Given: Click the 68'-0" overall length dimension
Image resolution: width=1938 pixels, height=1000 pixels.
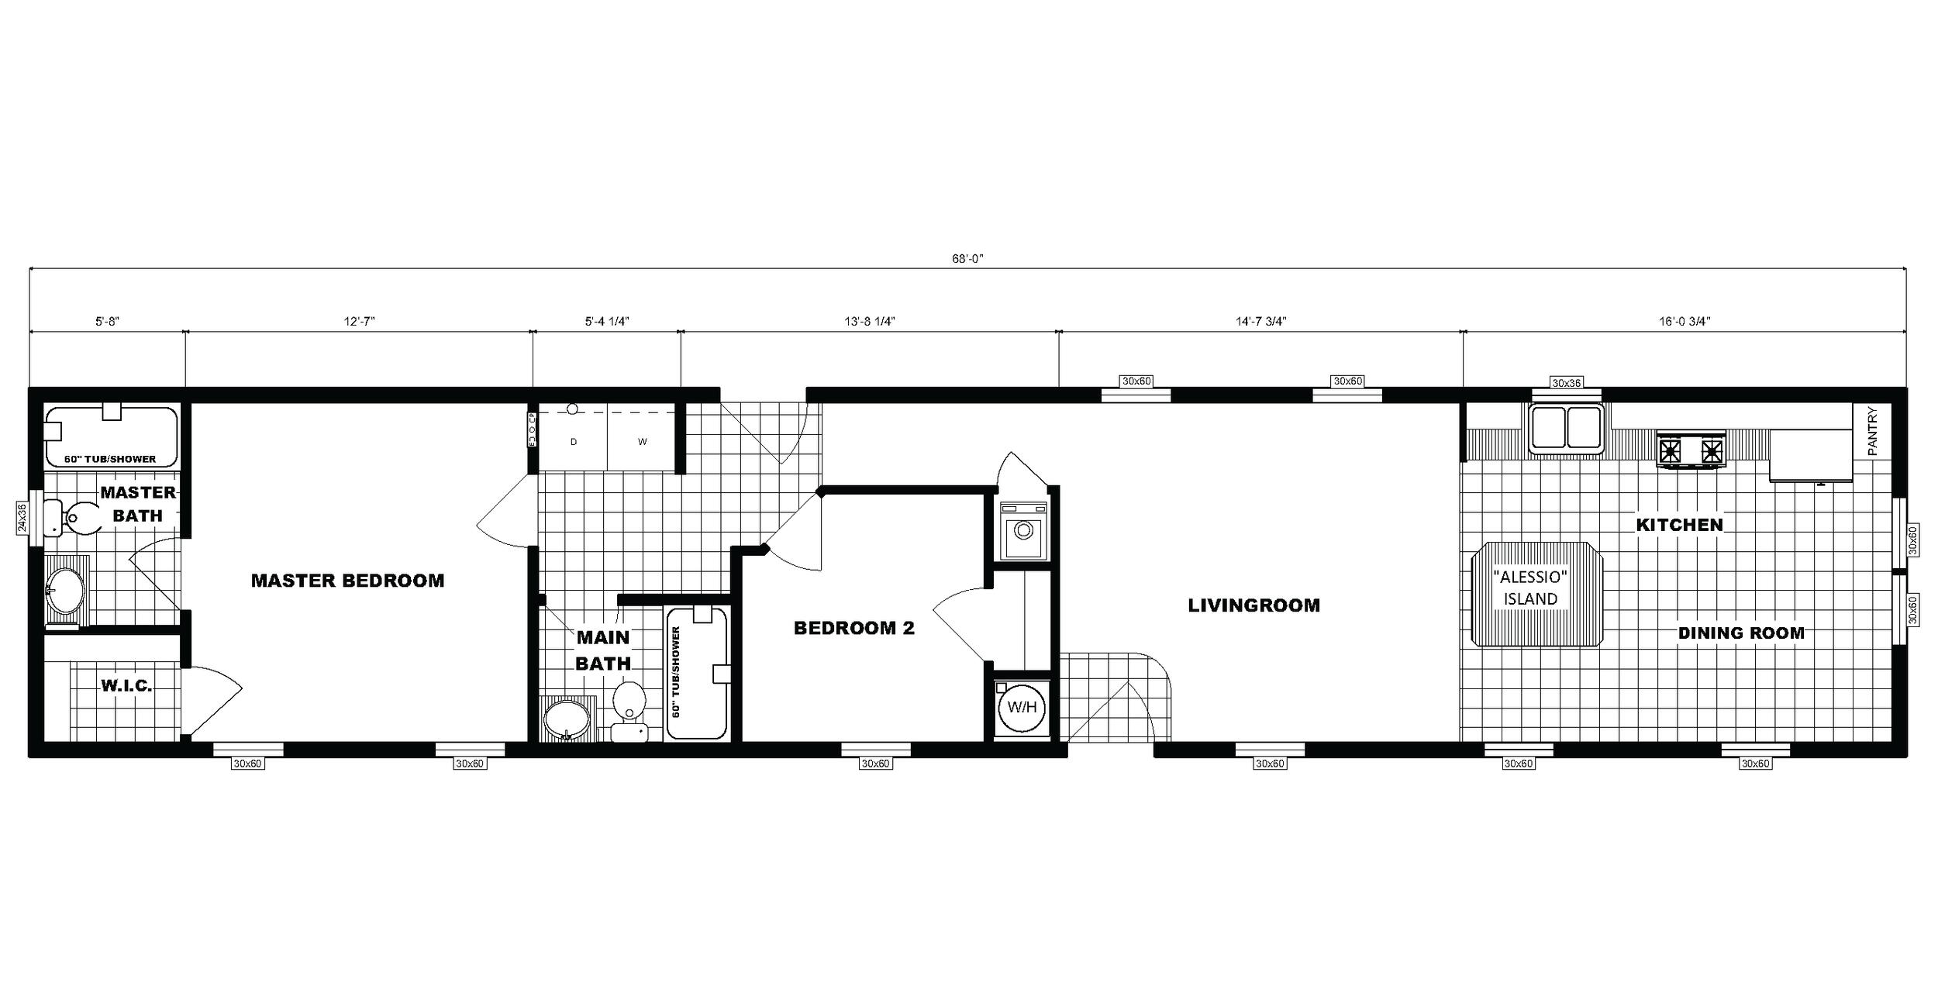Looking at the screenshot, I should coord(967,259).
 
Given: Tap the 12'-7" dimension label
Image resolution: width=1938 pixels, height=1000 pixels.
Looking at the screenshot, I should coord(360,321).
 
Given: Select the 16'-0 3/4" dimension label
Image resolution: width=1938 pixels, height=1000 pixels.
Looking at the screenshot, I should coord(1685,321).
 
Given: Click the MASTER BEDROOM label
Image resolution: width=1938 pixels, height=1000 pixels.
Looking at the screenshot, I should coord(347,581).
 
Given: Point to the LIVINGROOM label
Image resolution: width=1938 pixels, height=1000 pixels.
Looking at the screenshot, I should coord(1253,605).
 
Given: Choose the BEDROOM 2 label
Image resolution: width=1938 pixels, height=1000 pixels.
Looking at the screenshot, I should coord(853,628).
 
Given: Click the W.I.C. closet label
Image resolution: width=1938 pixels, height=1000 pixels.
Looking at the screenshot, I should coord(126,685).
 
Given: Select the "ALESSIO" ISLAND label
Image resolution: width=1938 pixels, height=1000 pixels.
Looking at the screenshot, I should coord(1530,588).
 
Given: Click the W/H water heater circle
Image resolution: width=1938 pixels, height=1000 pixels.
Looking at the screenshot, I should coord(1022,707).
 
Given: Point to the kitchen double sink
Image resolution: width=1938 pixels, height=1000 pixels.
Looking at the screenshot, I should coord(1566,429).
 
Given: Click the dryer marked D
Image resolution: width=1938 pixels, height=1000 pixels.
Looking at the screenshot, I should coord(574,442).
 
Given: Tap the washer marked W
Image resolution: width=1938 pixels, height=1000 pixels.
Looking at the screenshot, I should coord(642,442).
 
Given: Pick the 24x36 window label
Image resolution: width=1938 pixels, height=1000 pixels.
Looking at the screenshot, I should coord(22,518).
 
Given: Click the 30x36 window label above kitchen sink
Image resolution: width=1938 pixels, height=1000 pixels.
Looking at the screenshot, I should coord(1566,382).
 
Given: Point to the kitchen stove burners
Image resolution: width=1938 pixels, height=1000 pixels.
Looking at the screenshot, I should coord(1691,450).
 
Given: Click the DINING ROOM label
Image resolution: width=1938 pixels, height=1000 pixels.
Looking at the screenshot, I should coord(1741,633).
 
